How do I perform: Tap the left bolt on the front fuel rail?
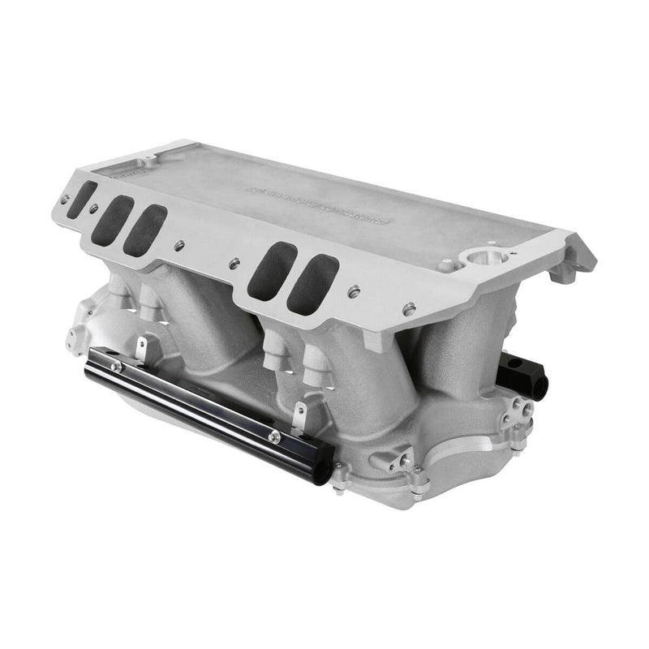coord(118,367)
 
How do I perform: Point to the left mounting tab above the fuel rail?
coord(140,350)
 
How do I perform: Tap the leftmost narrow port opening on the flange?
coord(81,199)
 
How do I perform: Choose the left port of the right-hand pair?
coord(269,269)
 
